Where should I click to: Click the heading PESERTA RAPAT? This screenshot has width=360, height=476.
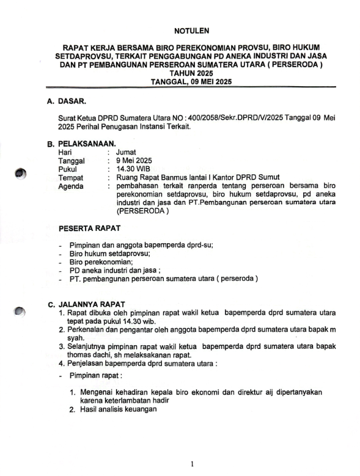pos(89,229)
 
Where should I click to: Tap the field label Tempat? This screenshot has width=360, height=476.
pos(71,178)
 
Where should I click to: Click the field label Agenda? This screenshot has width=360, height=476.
pos(72,186)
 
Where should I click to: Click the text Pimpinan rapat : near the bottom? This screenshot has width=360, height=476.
pos(97,375)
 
